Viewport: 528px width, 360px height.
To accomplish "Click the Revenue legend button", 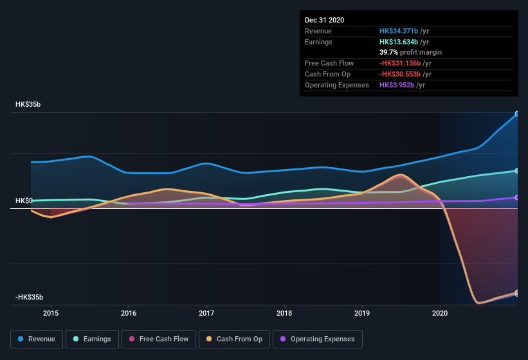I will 37,339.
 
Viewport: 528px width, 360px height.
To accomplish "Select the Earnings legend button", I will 93,339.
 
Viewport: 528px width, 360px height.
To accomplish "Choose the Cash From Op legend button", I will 233,339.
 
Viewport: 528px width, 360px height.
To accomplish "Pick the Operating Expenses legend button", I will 318,339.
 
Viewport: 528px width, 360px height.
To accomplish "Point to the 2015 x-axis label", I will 51,313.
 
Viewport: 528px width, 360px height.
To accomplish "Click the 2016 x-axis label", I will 129,313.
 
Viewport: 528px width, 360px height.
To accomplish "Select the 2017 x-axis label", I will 206,313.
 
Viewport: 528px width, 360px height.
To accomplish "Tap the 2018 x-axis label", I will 284,313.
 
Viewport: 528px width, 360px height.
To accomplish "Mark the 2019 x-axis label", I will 362,313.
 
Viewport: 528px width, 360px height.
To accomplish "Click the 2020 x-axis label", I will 440,313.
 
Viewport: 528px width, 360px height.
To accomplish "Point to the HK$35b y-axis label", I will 29,104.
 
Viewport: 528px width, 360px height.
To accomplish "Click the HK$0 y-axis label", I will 24,201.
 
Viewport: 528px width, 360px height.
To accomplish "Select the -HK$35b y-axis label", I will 30,297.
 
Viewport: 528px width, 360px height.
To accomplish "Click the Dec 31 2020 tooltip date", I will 324,20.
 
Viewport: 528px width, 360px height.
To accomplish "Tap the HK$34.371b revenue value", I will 399,31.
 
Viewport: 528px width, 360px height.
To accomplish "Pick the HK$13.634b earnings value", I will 399,42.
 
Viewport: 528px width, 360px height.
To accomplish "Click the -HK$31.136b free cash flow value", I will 399,63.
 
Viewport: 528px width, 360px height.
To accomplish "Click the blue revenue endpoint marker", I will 516,114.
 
